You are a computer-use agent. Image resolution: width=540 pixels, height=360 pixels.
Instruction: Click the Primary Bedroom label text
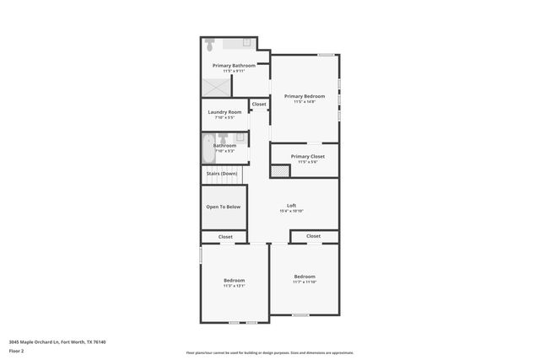(304, 96)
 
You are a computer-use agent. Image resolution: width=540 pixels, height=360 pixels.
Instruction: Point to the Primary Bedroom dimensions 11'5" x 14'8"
(304, 102)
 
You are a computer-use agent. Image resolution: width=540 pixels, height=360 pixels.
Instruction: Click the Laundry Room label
(224, 111)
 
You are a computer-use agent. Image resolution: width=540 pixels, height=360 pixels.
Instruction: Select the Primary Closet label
(307, 156)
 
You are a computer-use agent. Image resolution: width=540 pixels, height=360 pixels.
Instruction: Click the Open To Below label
(224, 207)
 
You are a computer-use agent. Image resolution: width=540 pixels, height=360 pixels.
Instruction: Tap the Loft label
(291, 205)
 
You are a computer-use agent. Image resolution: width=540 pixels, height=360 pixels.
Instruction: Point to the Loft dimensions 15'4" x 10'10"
(291, 211)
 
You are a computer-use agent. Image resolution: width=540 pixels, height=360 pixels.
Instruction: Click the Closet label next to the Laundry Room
(259, 105)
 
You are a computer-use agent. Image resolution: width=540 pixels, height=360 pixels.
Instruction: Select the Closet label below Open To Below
(225, 237)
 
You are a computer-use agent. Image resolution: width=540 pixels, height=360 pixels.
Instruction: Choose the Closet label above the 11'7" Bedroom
(313, 236)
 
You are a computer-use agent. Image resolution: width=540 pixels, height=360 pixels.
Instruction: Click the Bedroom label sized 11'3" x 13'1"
(234, 280)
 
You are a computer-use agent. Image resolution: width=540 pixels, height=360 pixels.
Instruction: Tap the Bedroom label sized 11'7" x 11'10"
(305, 277)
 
